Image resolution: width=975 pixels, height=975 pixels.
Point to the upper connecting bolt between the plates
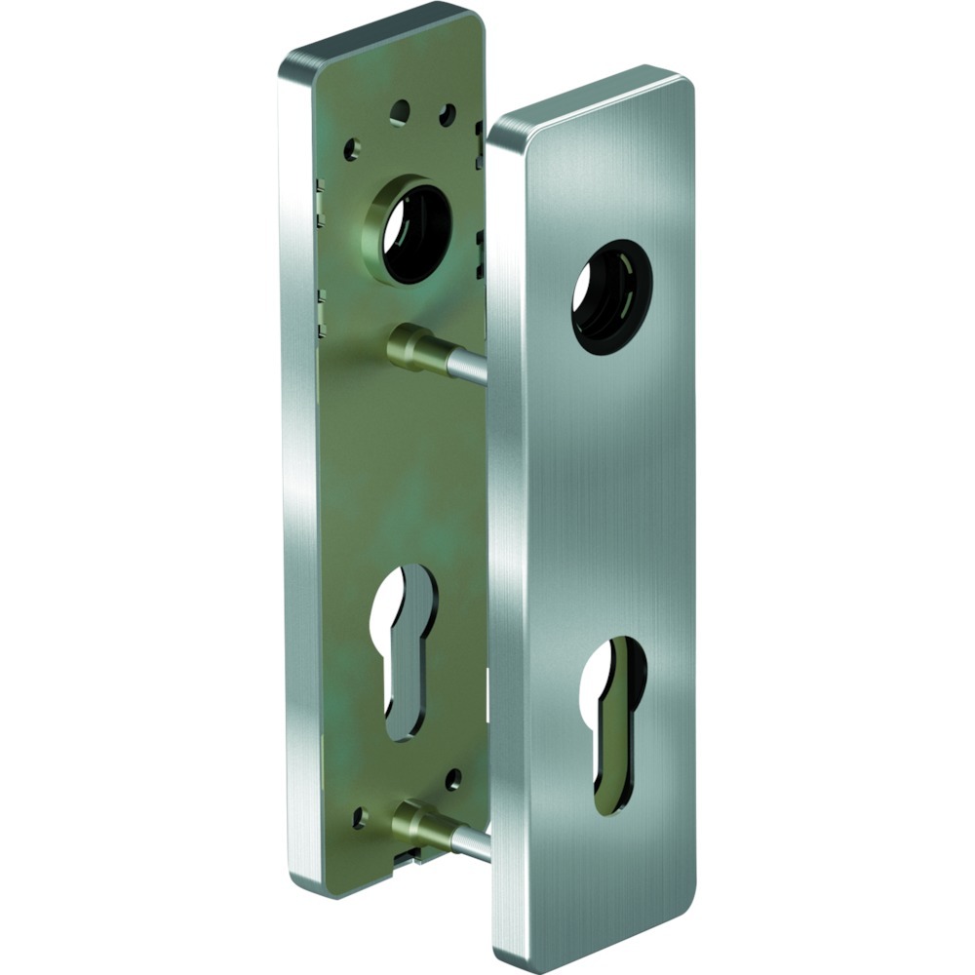[429, 351]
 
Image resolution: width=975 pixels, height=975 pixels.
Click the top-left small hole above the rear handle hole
[400, 112]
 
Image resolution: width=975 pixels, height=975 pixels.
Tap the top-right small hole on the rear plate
[447, 116]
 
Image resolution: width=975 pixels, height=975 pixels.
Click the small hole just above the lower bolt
[452, 779]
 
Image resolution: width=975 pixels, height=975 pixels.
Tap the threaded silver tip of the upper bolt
[468, 367]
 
